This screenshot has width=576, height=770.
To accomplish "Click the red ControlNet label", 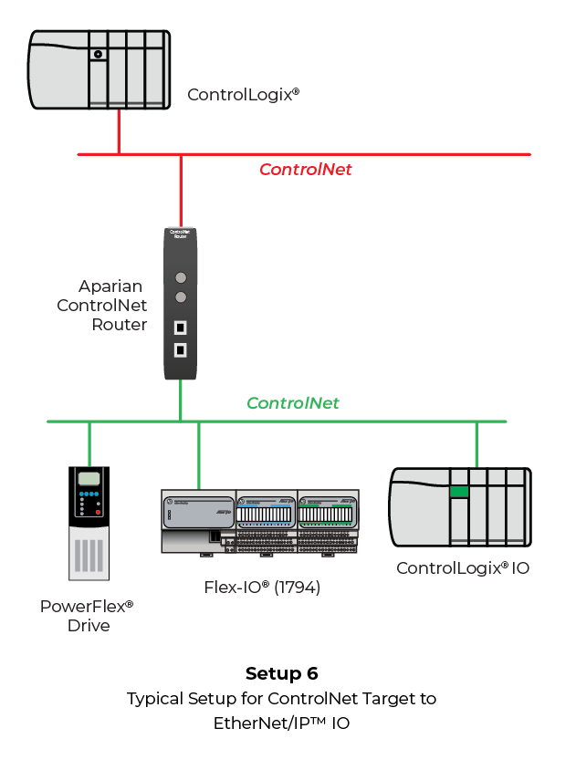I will (x=305, y=170).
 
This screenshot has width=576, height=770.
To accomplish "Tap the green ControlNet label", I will (x=293, y=403).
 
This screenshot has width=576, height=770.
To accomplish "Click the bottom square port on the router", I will (x=181, y=349).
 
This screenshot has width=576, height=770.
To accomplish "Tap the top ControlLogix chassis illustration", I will (x=99, y=69).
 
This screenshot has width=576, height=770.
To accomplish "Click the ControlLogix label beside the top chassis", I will (x=244, y=94).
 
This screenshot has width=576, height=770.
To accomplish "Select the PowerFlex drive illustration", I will (x=89, y=523).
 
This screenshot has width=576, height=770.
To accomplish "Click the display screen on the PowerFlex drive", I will (x=89, y=481).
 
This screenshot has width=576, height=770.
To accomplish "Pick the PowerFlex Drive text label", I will (x=88, y=616).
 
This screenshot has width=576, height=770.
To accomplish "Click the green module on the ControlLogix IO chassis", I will (x=459, y=493).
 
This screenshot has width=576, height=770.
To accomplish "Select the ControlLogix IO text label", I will (x=463, y=568).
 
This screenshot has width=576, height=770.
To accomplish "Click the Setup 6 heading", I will (x=281, y=674).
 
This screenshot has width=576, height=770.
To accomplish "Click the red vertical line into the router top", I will (x=181, y=192).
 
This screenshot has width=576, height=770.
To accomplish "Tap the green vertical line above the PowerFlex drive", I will (x=89, y=444).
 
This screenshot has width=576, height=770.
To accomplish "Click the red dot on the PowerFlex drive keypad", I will (x=98, y=512).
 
